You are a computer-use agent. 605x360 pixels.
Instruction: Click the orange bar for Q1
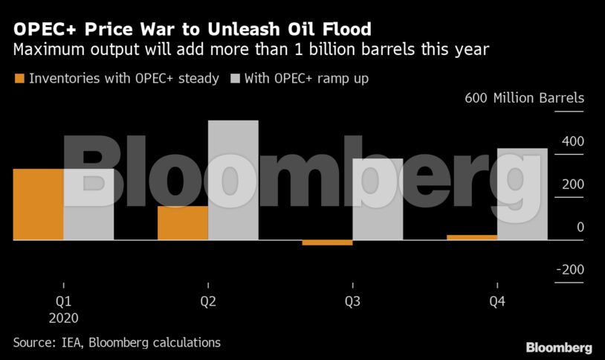(38, 205)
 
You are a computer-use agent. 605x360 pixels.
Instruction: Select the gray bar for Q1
(88, 205)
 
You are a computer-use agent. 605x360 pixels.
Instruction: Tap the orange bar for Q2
(182, 223)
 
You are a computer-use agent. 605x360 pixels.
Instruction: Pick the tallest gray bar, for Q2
(233, 180)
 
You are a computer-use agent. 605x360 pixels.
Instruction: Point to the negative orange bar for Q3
(327, 242)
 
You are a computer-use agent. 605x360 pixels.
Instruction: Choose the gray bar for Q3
(378, 199)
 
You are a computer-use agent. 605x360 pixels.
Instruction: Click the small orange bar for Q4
(471, 237)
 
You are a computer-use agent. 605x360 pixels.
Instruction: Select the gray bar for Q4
(522, 194)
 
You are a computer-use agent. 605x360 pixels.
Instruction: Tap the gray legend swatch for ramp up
(236, 78)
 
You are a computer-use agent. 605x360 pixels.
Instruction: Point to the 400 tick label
(572, 141)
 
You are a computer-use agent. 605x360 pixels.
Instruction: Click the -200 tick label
(569, 270)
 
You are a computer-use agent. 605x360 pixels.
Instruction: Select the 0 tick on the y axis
(580, 228)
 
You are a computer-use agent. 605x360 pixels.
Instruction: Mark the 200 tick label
(572, 184)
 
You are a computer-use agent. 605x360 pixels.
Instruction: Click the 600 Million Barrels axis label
(524, 98)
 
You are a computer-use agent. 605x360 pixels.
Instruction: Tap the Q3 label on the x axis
(352, 302)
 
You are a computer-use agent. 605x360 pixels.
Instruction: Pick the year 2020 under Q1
(63, 318)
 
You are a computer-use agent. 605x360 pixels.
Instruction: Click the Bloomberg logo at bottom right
(559, 347)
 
